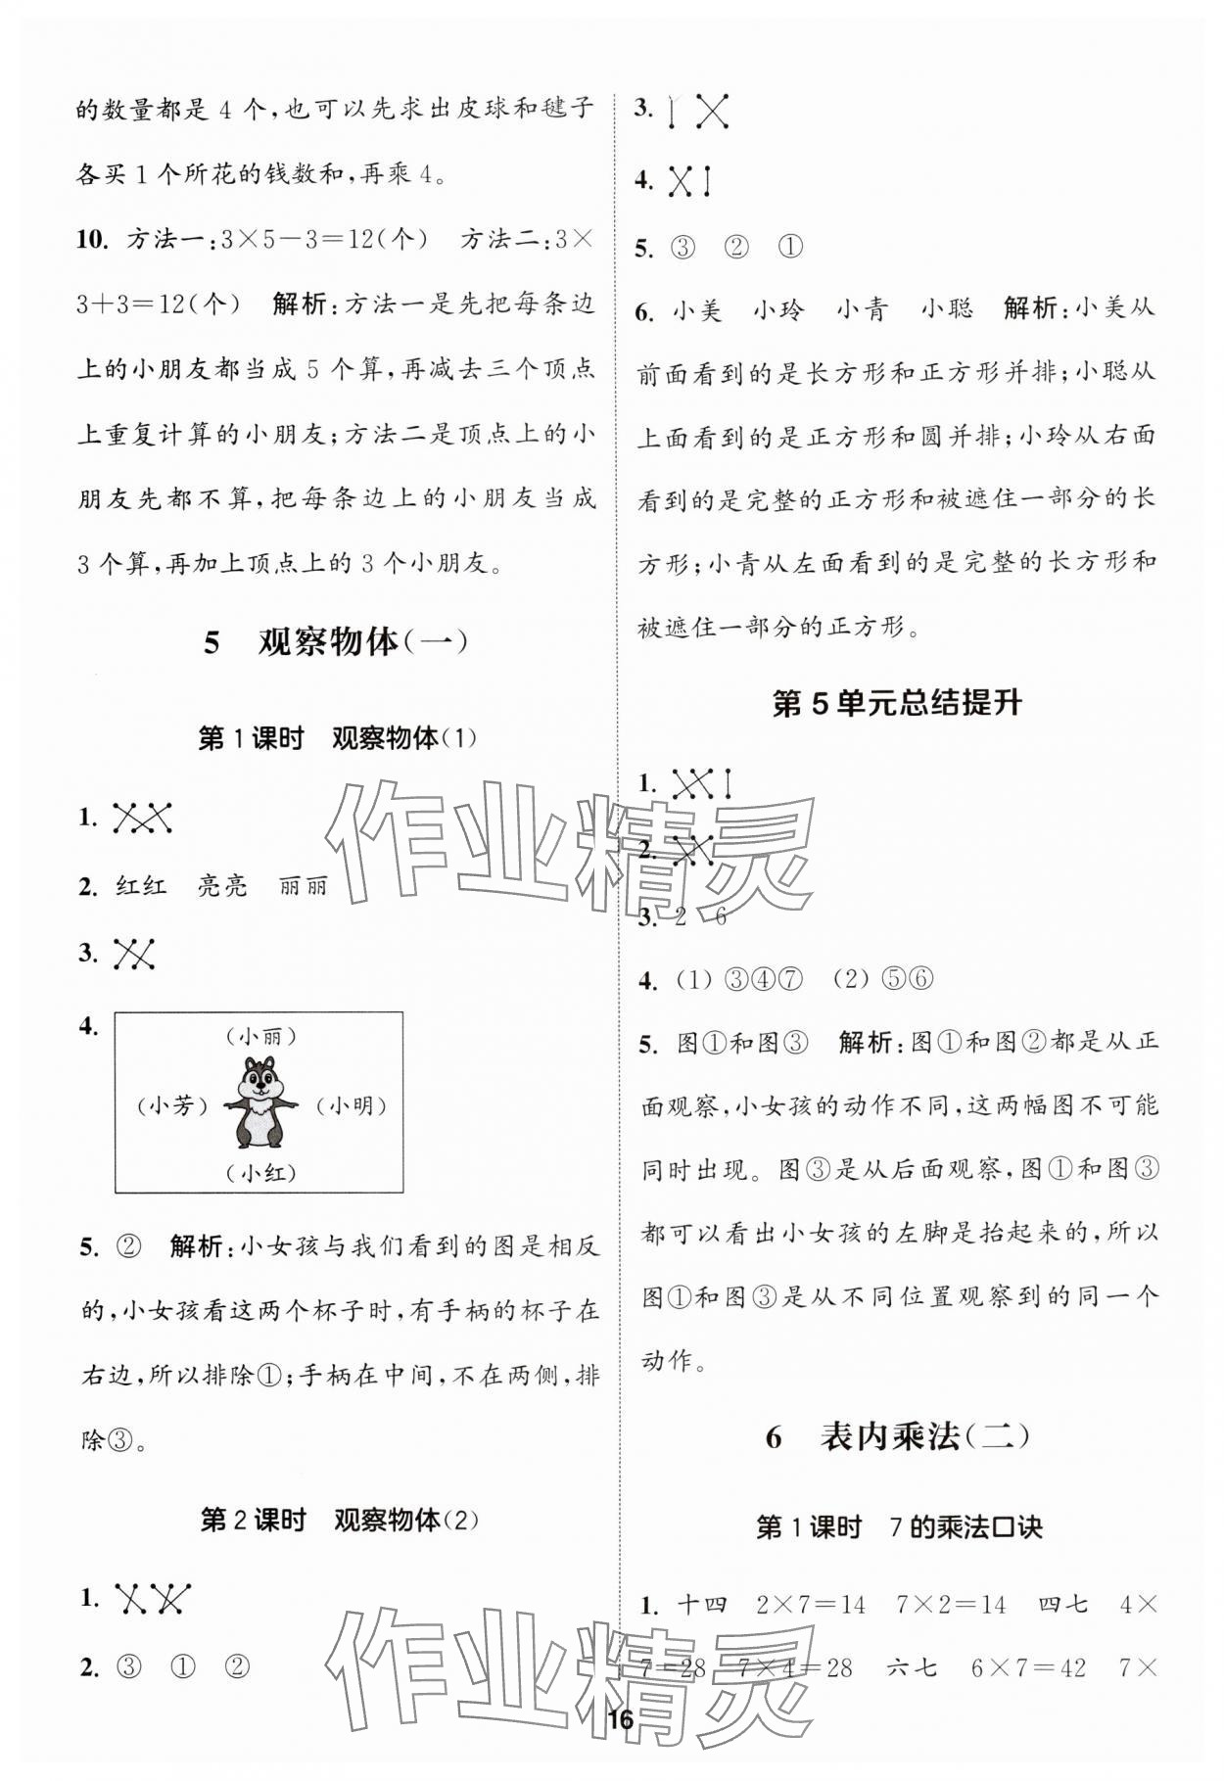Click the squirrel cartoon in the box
(x=259, y=1102)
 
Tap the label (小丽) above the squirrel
(x=259, y=1036)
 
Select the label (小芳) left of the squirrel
(x=173, y=1105)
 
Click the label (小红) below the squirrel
(x=259, y=1172)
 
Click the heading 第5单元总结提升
(x=897, y=703)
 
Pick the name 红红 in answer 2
(x=141, y=886)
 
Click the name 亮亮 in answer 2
(x=222, y=886)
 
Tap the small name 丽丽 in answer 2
(x=303, y=886)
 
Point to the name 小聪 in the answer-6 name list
(x=946, y=310)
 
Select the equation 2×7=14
(x=811, y=1605)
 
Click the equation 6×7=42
(x=1028, y=1667)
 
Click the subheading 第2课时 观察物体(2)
(x=339, y=1520)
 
